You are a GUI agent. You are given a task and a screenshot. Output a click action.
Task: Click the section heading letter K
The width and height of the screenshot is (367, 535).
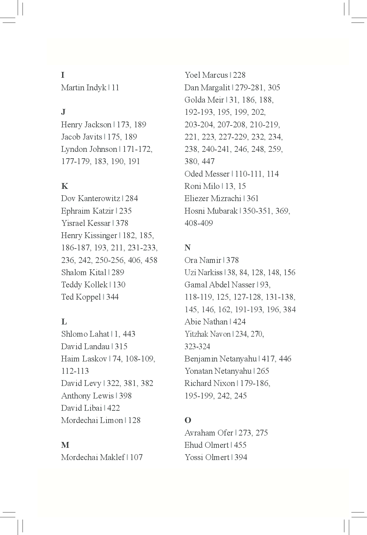click(65, 186)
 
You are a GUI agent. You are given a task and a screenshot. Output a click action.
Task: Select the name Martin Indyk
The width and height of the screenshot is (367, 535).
click(84, 88)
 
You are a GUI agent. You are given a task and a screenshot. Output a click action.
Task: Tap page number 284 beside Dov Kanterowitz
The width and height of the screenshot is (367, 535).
click(132, 199)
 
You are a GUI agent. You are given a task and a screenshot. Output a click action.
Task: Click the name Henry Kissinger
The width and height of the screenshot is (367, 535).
click(89, 236)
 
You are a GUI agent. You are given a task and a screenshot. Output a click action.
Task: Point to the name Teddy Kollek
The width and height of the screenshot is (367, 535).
click(84, 285)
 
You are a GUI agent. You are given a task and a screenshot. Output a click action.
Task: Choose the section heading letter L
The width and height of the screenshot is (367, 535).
click(64, 322)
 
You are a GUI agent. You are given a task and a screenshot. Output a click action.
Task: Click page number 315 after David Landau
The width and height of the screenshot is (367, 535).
click(121, 346)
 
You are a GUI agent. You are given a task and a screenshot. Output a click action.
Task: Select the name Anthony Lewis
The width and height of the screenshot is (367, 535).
click(87, 396)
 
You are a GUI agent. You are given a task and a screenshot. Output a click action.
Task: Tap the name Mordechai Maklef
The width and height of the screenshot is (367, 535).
click(93, 457)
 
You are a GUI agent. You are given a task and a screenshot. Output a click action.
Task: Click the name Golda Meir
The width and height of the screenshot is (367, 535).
click(204, 100)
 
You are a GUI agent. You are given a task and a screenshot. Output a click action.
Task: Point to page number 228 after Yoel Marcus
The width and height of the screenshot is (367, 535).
click(239, 75)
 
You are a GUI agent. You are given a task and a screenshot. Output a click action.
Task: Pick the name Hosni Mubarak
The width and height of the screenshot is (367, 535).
click(211, 211)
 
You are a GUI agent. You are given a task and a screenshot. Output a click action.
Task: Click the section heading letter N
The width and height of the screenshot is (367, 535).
click(188, 248)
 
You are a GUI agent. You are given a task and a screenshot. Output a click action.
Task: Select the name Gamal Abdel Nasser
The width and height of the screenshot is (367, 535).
click(219, 285)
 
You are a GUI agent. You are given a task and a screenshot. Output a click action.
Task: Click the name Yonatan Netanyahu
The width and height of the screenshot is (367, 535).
click(218, 371)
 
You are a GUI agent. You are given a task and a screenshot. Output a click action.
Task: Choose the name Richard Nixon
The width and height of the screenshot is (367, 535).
click(210, 383)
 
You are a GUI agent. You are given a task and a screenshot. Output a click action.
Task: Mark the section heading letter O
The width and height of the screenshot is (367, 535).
click(188, 420)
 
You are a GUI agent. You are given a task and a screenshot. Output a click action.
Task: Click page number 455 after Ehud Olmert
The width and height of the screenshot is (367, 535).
click(240, 445)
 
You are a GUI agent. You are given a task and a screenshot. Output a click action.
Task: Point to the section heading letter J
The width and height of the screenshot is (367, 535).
click(63, 112)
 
